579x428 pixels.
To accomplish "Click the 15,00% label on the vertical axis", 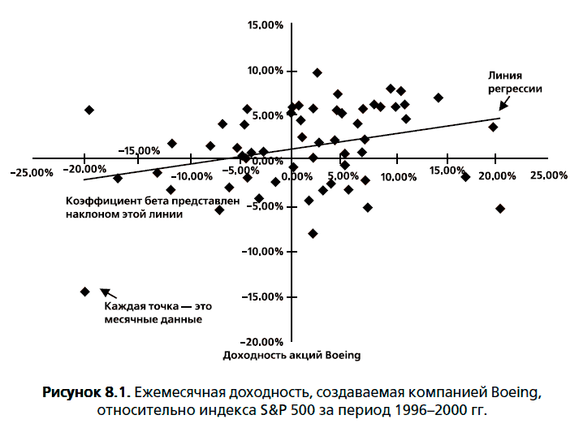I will [x=266, y=25].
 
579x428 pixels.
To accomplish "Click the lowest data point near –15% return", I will [x=84, y=292].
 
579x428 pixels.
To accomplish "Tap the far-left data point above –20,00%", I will [x=89, y=110].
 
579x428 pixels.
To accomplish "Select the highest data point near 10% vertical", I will [x=318, y=73].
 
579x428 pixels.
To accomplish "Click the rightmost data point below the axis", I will [x=500, y=209].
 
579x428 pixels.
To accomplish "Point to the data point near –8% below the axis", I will [x=313, y=234].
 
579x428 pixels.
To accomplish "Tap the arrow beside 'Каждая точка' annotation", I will [x=106, y=294].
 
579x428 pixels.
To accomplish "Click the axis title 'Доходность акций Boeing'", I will [x=291, y=356].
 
